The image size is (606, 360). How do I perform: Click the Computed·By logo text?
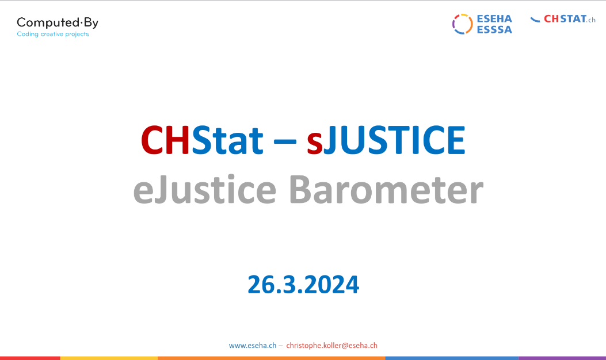[x=58, y=23]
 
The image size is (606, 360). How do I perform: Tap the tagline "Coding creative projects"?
[x=53, y=35]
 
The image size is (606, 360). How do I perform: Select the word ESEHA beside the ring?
[x=494, y=18]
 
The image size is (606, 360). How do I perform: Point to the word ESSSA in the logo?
[x=494, y=30]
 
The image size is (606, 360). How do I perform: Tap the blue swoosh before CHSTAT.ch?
[x=535, y=20]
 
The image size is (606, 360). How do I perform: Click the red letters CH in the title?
[x=165, y=140]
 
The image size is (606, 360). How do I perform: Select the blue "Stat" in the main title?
[x=227, y=140]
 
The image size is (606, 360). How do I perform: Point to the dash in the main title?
[x=285, y=141]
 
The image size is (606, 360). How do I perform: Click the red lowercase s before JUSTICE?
[x=315, y=144]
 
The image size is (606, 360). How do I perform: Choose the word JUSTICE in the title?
[x=395, y=140]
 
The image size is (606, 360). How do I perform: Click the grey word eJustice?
[x=205, y=189]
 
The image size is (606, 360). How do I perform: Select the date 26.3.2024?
[x=303, y=285]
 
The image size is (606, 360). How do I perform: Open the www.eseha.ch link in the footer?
[x=253, y=346]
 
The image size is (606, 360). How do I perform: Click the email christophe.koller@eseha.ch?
[x=331, y=346]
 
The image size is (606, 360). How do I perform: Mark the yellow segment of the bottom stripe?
[x=109, y=358]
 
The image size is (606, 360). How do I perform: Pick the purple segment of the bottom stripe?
[x=562, y=358]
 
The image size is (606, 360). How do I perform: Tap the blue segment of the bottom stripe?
[x=452, y=358]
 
